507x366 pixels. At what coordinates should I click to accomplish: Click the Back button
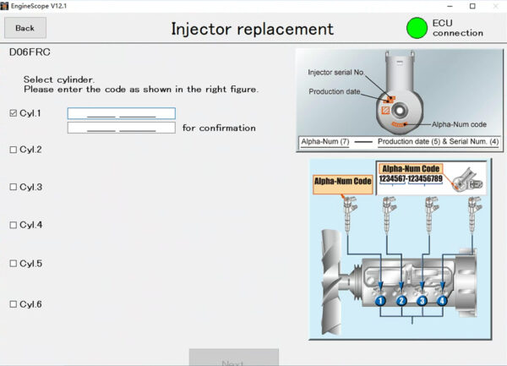coord(25,28)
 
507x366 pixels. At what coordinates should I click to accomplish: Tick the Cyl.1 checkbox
coord(13,112)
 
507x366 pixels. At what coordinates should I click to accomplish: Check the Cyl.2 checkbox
coord(13,150)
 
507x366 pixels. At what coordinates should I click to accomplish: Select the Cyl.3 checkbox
coord(13,187)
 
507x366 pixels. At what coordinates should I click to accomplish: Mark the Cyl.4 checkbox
coord(13,225)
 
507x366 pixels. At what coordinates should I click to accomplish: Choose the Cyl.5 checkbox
coord(13,264)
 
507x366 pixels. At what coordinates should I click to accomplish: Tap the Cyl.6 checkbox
coord(13,304)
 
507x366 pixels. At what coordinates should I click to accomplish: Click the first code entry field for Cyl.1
coord(121,113)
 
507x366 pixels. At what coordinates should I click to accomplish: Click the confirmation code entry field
coord(121,128)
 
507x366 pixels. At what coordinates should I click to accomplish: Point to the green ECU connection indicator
coord(417,28)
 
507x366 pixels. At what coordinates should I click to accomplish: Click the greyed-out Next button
coord(233,358)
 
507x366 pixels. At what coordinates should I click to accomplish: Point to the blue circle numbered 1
coord(380,300)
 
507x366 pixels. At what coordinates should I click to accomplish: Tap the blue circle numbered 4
coord(442,300)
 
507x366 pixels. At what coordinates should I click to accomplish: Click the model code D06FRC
coord(30,52)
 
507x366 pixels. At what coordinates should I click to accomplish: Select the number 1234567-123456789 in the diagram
coord(411,178)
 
